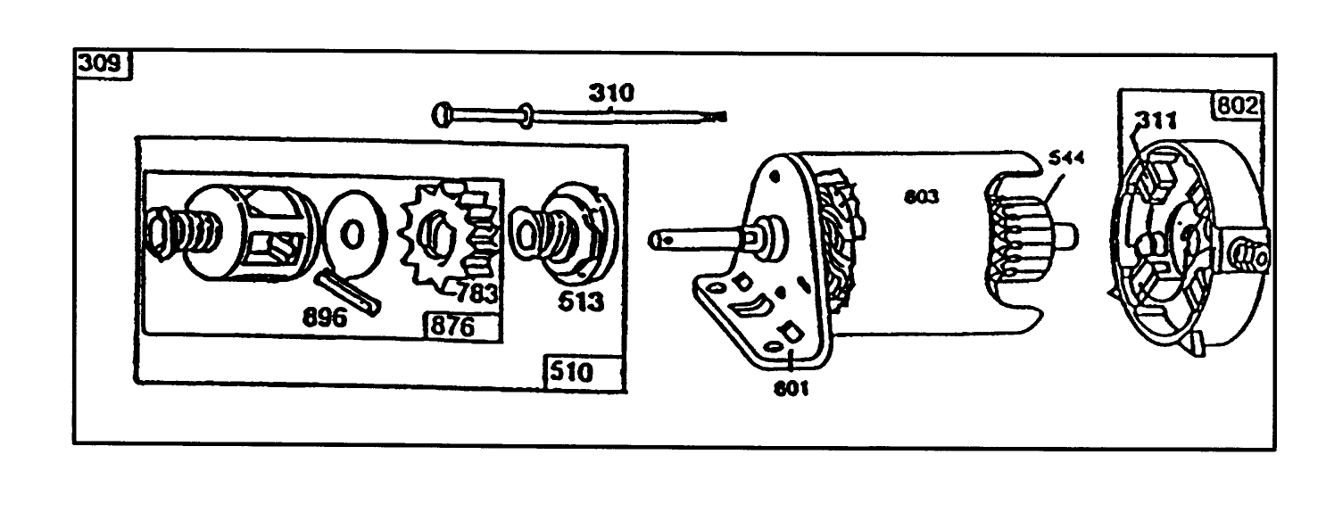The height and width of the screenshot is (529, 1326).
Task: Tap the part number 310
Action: coord(611,93)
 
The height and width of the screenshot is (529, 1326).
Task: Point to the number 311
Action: coord(1157,120)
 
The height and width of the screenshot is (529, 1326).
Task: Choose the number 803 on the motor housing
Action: coord(921,197)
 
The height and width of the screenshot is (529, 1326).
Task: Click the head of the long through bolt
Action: coord(443,114)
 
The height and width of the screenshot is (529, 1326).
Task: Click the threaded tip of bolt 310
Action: coord(714,116)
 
